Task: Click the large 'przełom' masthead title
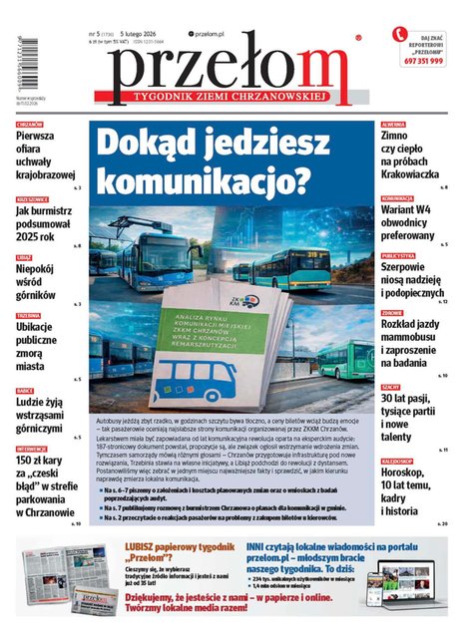[230, 68]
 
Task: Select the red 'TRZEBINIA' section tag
[27, 315]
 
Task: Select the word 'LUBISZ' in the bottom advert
[141, 547]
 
